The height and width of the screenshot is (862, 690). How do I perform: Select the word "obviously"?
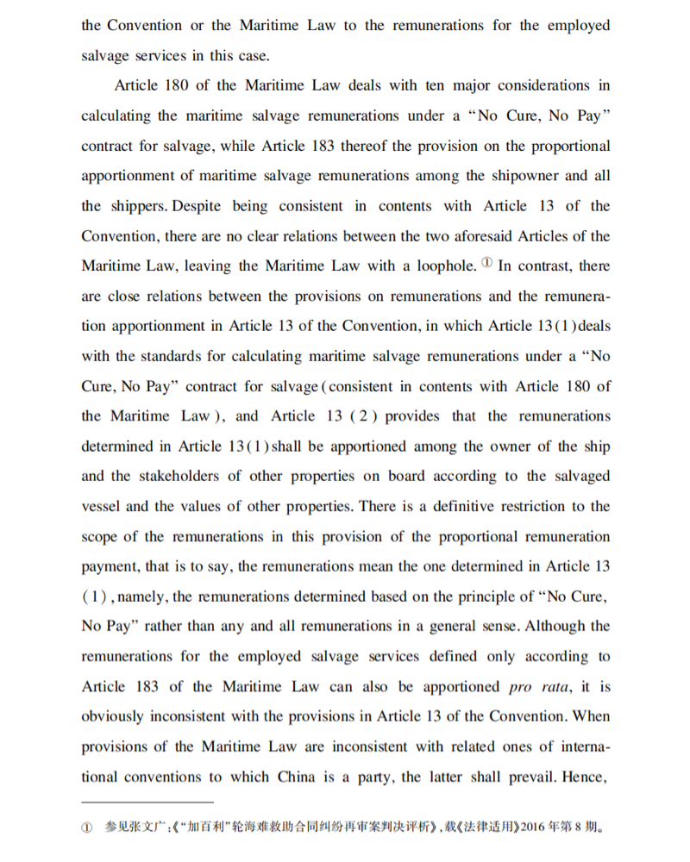pos(116,716)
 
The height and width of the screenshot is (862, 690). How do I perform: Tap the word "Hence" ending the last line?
pos(586,777)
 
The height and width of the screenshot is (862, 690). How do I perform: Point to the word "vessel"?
pos(104,506)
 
